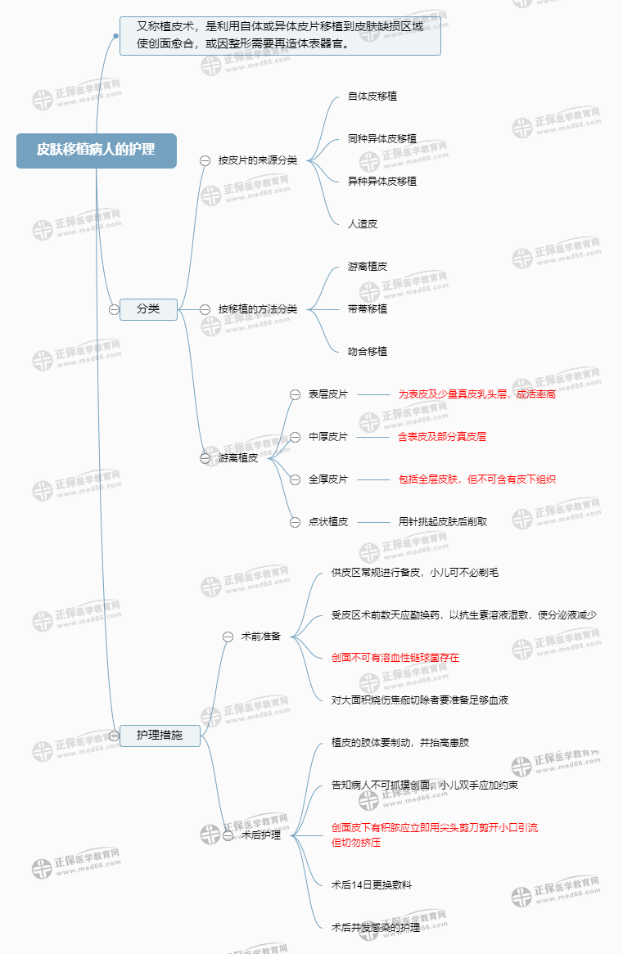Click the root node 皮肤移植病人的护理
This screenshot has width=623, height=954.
point(96,150)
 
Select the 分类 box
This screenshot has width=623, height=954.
point(148,308)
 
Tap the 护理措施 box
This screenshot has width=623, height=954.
point(160,736)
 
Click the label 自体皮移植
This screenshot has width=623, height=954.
point(372,96)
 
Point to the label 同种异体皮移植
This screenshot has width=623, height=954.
point(382,138)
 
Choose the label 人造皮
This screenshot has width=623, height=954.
point(363,223)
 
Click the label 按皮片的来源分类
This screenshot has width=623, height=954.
point(258,160)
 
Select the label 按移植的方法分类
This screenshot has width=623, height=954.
point(258,309)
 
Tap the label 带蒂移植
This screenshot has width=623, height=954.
point(368,309)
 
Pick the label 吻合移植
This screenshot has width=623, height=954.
point(368,352)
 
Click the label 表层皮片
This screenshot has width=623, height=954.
point(328,394)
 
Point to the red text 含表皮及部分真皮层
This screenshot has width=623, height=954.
point(442,437)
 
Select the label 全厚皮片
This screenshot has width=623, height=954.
point(328,479)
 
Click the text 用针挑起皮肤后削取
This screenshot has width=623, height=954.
point(443,522)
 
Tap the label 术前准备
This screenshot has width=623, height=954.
point(261,637)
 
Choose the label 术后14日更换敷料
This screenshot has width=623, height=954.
point(372,885)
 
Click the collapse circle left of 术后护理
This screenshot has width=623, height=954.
point(228,835)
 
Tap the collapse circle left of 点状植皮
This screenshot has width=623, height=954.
point(296,522)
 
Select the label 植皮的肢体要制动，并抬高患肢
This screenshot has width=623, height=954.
point(400,743)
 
